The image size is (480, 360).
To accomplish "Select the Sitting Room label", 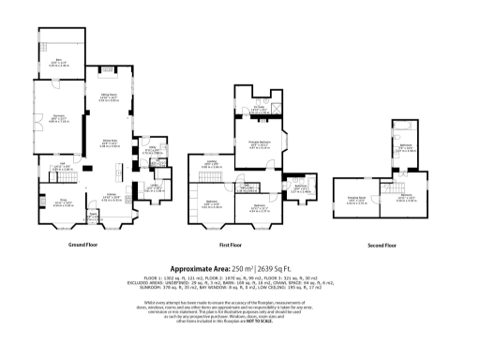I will (121, 96).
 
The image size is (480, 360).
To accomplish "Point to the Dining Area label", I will (122, 142).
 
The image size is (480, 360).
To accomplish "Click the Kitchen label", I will (112, 196).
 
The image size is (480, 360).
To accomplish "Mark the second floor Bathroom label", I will (405, 147).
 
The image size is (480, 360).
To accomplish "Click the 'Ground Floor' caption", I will (84, 245).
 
